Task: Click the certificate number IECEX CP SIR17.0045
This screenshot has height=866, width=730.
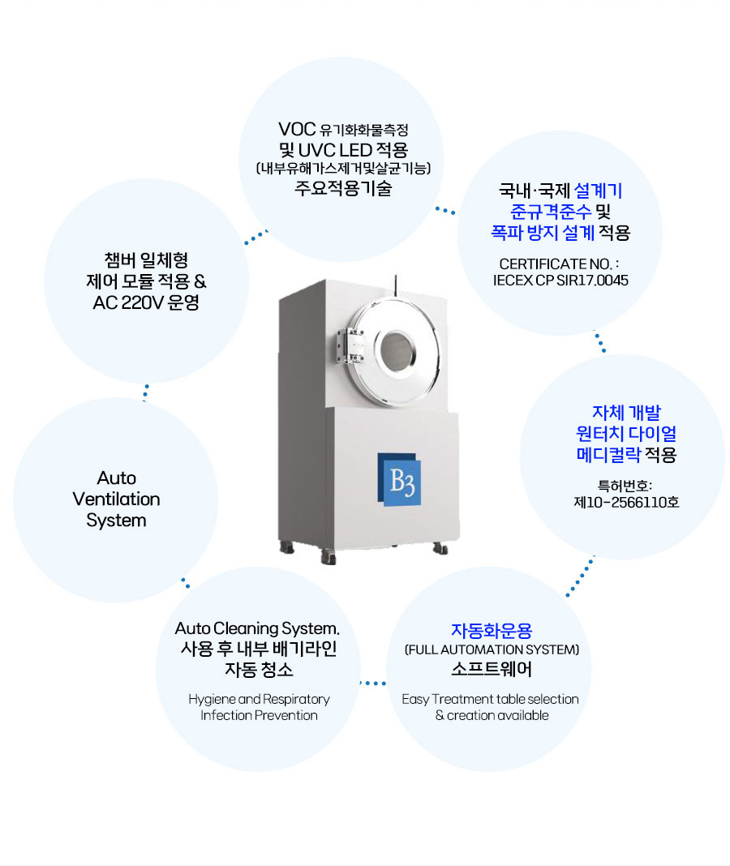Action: (560, 280)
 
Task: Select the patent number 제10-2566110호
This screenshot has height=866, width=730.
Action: (626, 502)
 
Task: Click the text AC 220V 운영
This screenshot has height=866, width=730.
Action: (147, 303)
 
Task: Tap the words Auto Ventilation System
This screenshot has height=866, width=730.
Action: (117, 499)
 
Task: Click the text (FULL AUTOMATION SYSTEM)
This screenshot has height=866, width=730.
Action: (492, 649)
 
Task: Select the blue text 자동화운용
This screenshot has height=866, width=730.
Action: (492, 630)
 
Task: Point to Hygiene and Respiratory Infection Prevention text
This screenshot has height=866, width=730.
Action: (259, 707)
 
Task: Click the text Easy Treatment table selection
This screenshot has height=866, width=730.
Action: (491, 699)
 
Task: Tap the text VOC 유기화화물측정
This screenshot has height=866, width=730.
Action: (342, 129)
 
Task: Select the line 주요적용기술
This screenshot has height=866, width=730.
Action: (342, 189)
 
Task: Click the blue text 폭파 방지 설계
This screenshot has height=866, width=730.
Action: (543, 233)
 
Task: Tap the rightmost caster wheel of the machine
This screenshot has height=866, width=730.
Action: (440, 549)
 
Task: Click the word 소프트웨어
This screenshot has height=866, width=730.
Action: (492, 671)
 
